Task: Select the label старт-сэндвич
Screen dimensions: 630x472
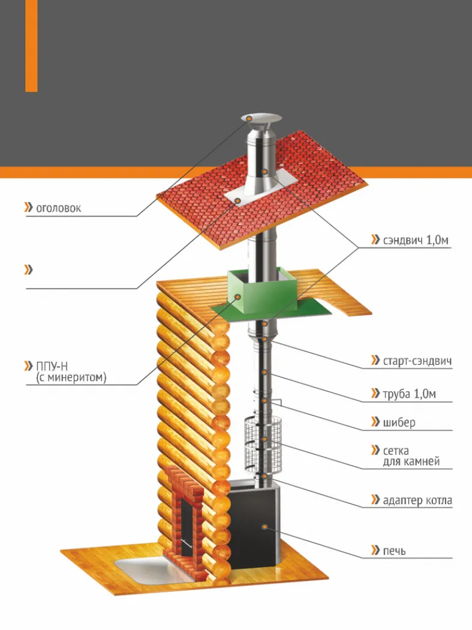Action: [417, 361]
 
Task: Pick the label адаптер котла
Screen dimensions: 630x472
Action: [417, 500]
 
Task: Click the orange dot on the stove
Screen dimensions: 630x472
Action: [264, 526]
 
